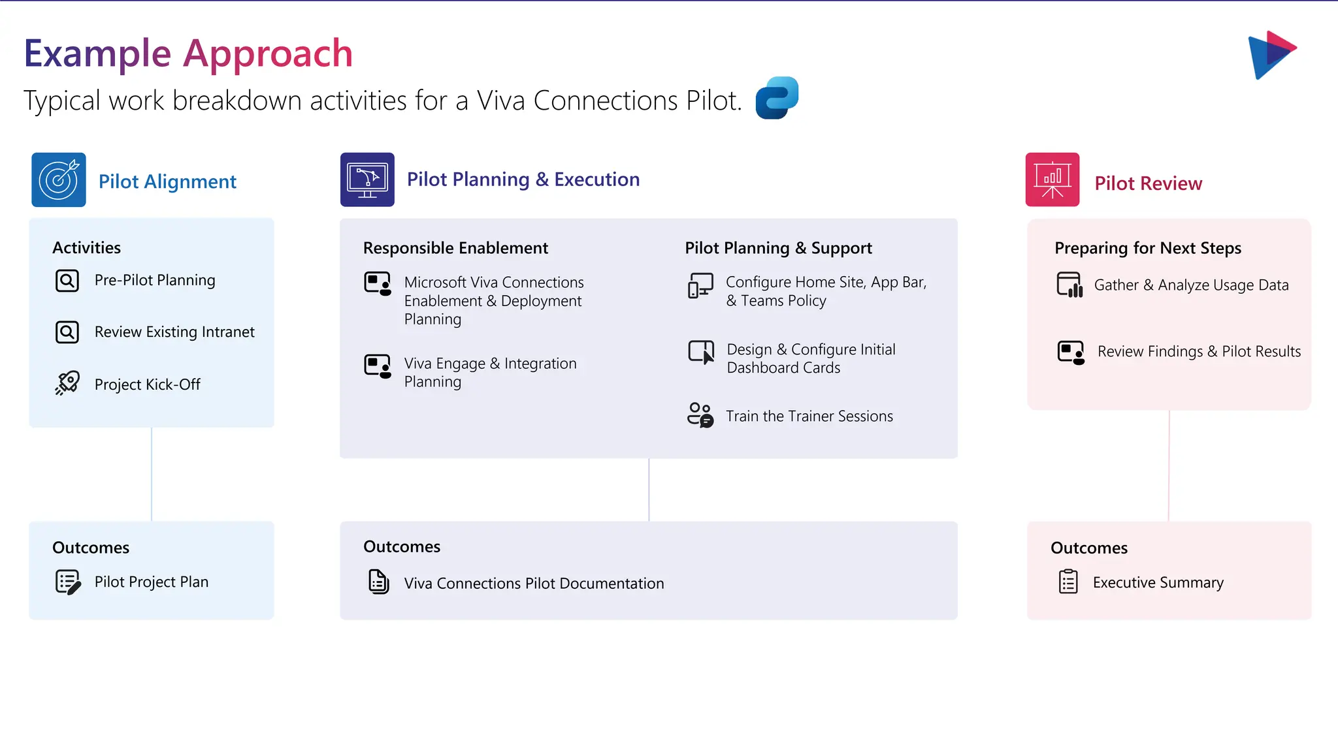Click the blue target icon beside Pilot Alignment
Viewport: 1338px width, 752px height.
point(59,180)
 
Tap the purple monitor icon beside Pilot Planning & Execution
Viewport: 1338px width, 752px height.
point(367,180)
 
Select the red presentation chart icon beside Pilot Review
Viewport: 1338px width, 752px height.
point(1052,180)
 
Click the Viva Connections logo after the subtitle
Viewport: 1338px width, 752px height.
point(777,98)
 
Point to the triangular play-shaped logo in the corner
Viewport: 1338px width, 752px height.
point(1271,54)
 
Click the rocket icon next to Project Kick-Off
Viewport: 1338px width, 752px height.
point(67,383)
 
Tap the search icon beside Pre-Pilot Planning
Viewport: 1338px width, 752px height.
point(67,281)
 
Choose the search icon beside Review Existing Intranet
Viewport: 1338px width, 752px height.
point(67,332)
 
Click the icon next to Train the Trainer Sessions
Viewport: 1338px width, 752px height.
point(700,415)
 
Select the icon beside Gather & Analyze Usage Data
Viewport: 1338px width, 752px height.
point(1069,285)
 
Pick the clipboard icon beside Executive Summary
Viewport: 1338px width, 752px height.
point(1068,582)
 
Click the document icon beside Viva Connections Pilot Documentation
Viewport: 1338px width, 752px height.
point(378,582)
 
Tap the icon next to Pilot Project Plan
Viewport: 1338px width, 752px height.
point(68,582)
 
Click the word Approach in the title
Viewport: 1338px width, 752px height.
point(268,54)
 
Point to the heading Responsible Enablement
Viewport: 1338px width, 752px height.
point(455,248)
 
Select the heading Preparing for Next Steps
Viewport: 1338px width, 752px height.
point(1147,248)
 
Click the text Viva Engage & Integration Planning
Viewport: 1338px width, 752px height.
point(490,372)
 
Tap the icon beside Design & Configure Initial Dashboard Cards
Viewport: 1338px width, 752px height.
point(701,352)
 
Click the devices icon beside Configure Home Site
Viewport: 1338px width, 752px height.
point(700,286)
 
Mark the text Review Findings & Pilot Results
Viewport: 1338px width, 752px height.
point(1199,351)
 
